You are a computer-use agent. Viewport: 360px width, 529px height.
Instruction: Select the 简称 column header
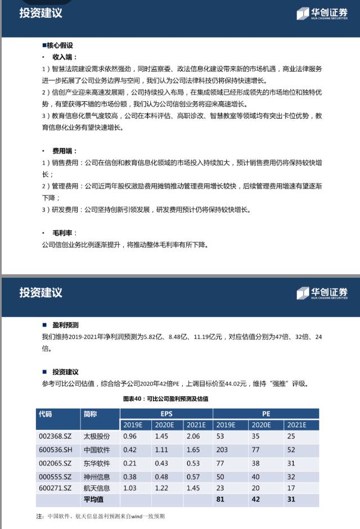pyautogui.click(x=90, y=414)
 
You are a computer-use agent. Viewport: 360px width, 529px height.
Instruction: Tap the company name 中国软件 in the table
pyautogui.click(x=97, y=450)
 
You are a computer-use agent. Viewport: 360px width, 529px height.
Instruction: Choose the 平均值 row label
pyautogui.click(x=93, y=499)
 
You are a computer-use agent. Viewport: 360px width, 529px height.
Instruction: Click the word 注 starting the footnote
pyautogui.click(x=39, y=516)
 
